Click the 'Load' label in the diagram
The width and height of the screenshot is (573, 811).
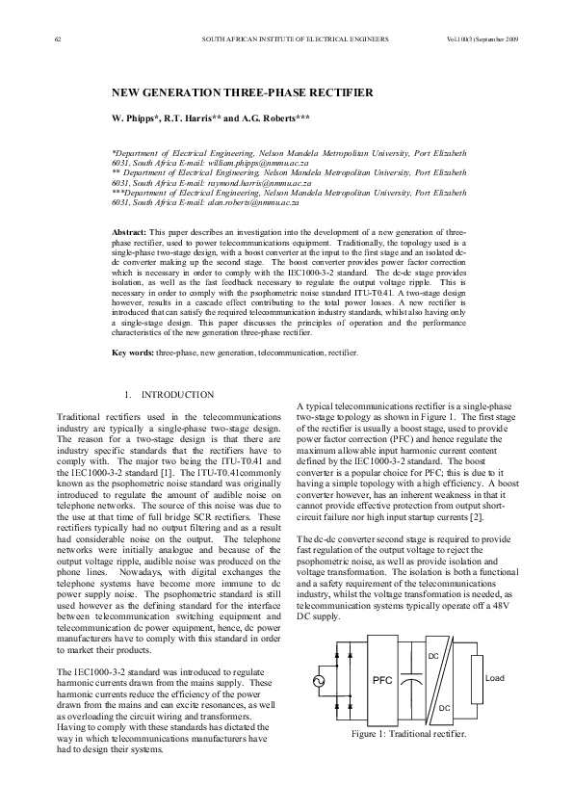coord(494,678)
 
